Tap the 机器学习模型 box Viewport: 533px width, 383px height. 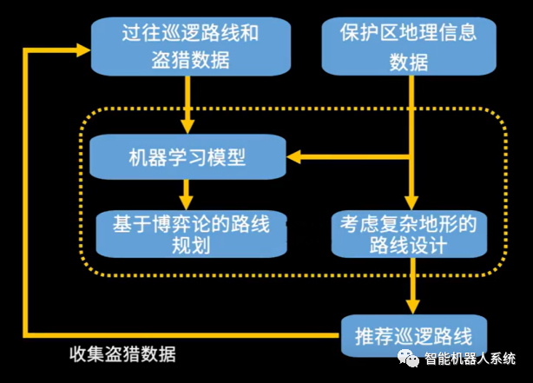(186, 158)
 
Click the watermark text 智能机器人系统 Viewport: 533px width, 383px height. (470, 359)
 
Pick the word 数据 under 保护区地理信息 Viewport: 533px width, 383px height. (408, 62)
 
